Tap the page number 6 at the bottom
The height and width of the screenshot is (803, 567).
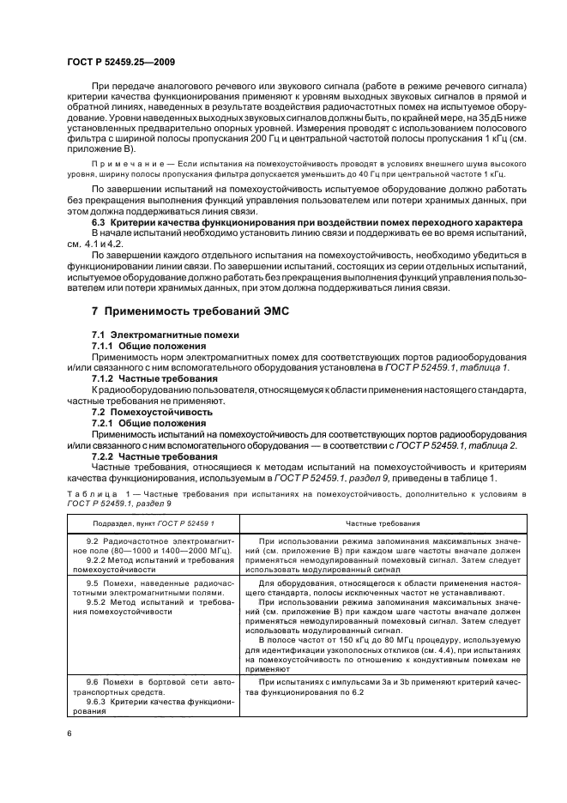[71, 734]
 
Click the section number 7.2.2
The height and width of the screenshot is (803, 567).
[106, 456]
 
